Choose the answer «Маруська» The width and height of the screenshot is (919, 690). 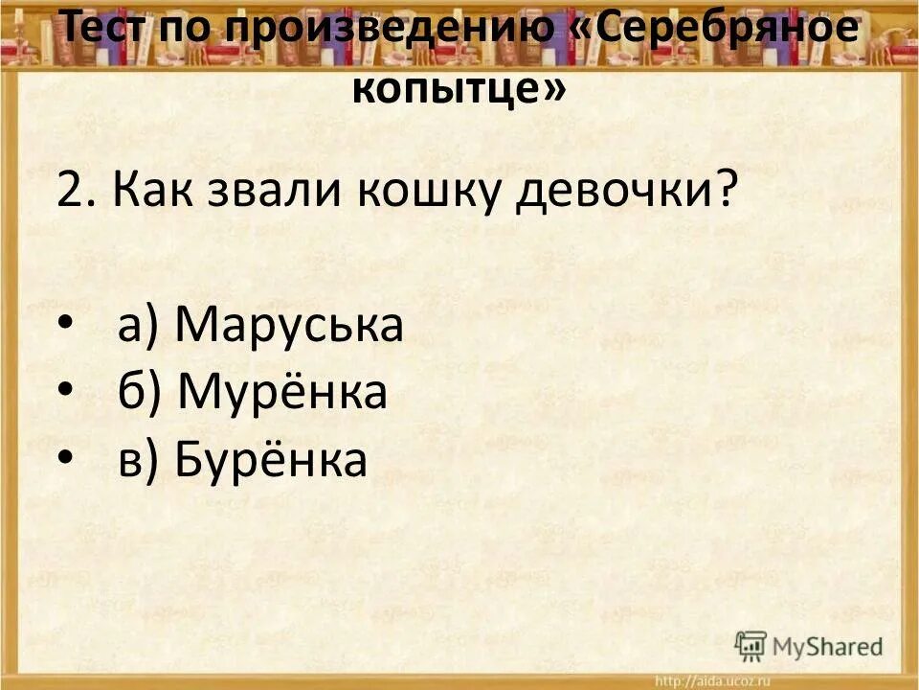click(x=290, y=327)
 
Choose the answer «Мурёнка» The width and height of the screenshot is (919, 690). click(x=282, y=393)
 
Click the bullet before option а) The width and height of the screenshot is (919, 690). click(x=64, y=327)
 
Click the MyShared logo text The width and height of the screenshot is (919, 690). click(x=828, y=646)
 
